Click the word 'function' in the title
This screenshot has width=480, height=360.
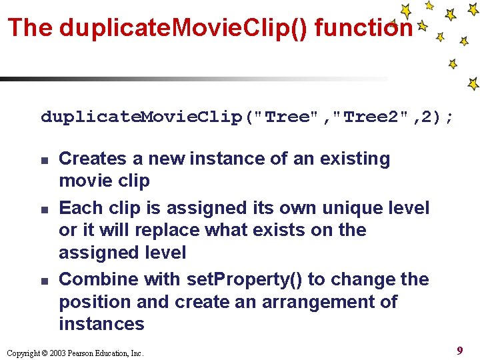[x=363, y=27]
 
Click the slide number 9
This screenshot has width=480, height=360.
[x=460, y=350]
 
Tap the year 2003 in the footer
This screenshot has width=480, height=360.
[x=58, y=353]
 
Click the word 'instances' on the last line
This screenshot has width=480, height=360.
[x=101, y=325]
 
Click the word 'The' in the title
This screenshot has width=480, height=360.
[x=30, y=27]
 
